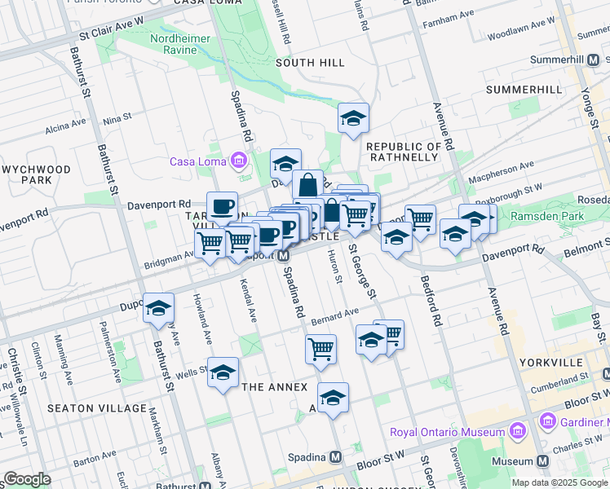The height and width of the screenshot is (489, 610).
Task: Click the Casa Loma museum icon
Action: pyautogui.click(x=238, y=161)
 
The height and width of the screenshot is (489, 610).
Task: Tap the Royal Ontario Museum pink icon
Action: pyautogui.click(x=515, y=431)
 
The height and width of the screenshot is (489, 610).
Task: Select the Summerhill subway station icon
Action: pyautogui.click(x=598, y=60)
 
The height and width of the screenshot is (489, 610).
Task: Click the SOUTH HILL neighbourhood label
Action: pyautogui.click(x=306, y=63)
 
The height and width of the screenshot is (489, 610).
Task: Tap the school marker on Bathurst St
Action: pyautogui.click(x=159, y=309)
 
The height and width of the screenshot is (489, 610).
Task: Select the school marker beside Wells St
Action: pyautogui.click(x=223, y=372)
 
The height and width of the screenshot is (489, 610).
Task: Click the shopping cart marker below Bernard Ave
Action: pyautogui.click(x=320, y=349)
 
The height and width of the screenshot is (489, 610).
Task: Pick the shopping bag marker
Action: pyautogui.click(x=307, y=184)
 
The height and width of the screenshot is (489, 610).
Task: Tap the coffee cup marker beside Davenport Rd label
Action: pyautogui.click(x=222, y=206)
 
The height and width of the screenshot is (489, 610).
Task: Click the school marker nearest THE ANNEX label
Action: pyautogui.click(x=333, y=399)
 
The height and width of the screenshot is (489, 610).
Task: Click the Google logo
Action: pyautogui.click(x=27, y=479)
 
